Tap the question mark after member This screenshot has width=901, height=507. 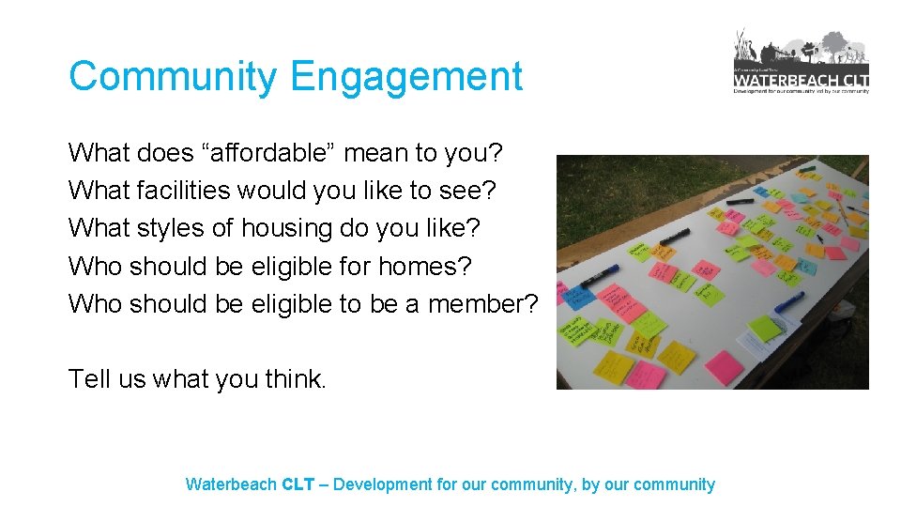(x=531, y=304)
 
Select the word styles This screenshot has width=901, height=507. (x=176, y=228)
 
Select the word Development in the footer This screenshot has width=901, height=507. (x=383, y=484)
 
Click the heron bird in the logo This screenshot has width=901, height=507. (x=742, y=47)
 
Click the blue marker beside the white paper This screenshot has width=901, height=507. (x=789, y=302)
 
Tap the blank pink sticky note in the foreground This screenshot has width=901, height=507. (x=724, y=367)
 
